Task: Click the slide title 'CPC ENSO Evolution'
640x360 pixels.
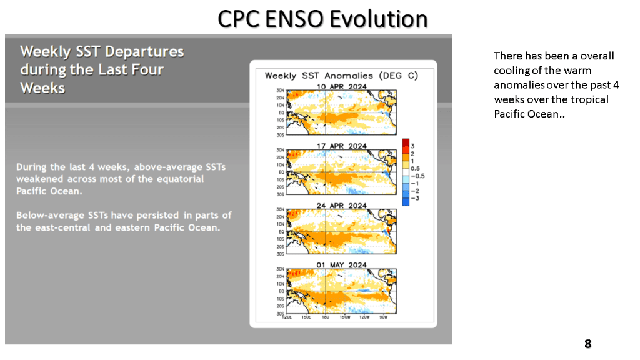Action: pyautogui.click(x=322, y=19)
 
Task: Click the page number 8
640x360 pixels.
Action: pyautogui.click(x=587, y=344)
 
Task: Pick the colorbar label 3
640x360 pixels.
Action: pyautogui.click(x=412, y=145)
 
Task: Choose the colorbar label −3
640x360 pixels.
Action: pyautogui.click(x=415, y=198)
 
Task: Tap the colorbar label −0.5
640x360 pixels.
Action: pyautogui.click(x=417, y=176)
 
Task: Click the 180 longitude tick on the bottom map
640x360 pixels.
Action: pyautogui.click(x=326, y=317)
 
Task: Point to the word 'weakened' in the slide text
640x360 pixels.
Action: pyautogui.click(x=41, y=179)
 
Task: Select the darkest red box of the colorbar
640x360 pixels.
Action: pyautogui.click(x=406, y=142)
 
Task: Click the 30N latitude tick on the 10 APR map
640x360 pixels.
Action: pyautogui.click(x=280, y=91)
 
